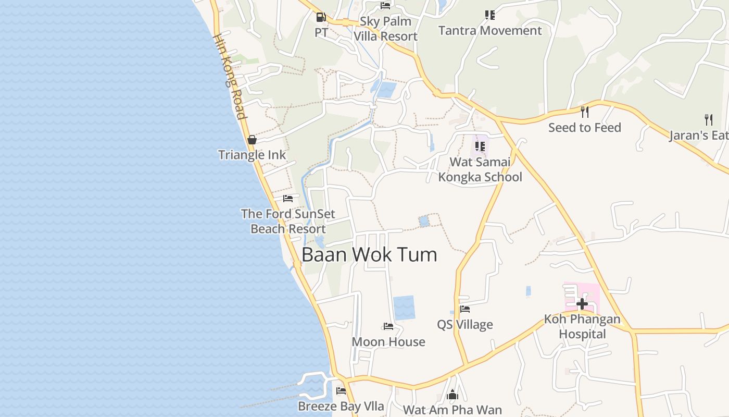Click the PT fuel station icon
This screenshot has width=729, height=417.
click(321, 17)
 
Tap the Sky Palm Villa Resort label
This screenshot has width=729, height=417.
click(385, 29)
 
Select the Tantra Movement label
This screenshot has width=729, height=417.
click(490, 30)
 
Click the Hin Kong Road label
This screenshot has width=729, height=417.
click(229, 77)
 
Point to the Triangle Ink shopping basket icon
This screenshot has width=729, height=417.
click(252, 140)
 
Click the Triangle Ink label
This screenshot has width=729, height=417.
click(252, 155)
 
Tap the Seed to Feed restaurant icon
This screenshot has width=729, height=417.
click(584, 112)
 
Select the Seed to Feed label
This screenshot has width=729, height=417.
click(584, 128)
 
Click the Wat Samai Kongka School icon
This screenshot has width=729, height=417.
click(480, 146)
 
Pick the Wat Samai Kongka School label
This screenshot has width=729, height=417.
click(480, 169)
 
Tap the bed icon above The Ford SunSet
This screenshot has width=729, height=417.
click(288, 199)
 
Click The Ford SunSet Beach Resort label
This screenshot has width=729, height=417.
click(288, 221)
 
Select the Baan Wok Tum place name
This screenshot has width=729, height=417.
click(369, 255)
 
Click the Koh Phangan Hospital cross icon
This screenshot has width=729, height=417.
click(582, 303)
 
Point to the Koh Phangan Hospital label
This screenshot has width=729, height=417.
click(582, 326)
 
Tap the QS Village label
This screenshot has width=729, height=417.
click(464, 325)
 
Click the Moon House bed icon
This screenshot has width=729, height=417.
click(388, 326)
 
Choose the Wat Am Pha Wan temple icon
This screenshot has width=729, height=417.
click(452, 395)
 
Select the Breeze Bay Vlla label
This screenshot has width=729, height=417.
click(341, 406)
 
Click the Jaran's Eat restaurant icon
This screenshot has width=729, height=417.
click(708, 120)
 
